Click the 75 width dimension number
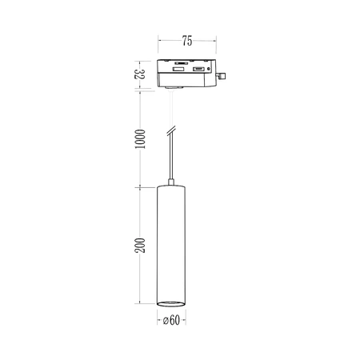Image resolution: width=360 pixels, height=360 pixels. click(x=186, y=39)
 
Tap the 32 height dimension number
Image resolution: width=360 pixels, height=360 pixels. click(x=138, y=76)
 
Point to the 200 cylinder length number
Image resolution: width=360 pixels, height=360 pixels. click(x=139, y=246)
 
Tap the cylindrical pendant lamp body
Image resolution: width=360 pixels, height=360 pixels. click(x=170, y=240)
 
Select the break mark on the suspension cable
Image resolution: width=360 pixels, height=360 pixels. click(x=170, y=130)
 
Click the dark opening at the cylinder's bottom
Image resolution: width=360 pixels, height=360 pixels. click(x=170, y=302)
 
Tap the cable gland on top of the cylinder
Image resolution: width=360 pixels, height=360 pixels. click(x=170, y=182)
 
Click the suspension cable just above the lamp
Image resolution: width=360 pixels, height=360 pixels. click(x=170, y=164)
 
